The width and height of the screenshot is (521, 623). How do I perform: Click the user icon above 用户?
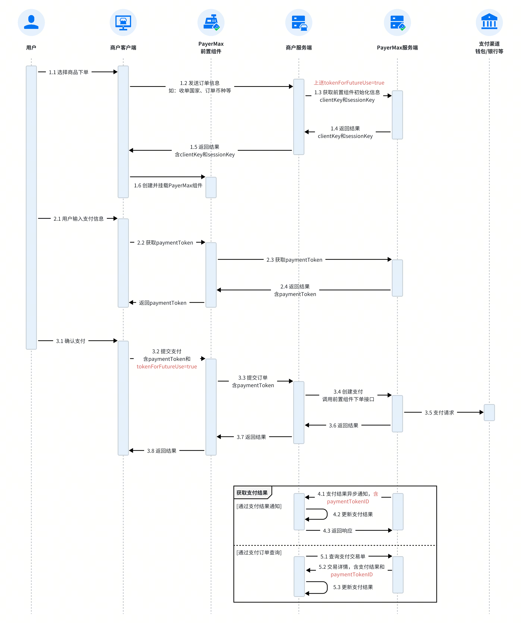[31, 22]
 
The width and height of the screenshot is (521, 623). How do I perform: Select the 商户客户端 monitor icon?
[123, 22]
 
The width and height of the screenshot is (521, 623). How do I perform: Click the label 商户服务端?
[299, 48]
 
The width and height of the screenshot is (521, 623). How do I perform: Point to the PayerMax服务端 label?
[397, 48]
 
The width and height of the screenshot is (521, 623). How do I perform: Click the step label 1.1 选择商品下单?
[69, 72]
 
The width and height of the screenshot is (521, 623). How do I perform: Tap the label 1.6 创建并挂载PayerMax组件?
[168, 185]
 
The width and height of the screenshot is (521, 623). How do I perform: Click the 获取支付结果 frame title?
[252, 493]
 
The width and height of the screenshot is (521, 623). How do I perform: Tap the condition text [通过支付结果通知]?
[259, 506]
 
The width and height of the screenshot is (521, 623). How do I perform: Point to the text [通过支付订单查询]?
[259, 552]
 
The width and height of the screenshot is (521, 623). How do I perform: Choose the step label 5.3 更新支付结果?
[353, 587]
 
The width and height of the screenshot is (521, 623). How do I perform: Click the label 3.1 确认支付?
[71, 341]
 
